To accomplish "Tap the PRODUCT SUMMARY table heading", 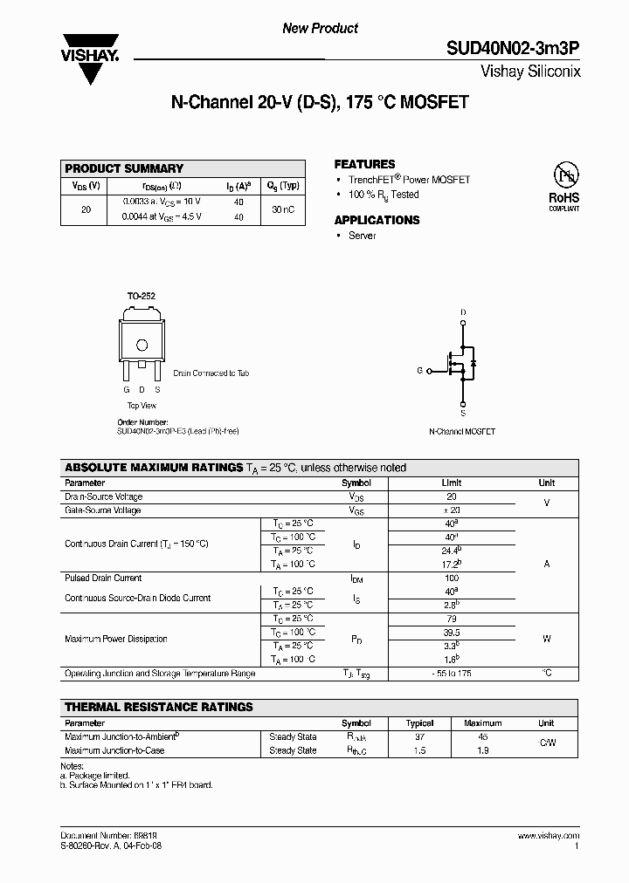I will pyautogui.click(x=124, y=168).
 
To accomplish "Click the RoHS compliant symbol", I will pyautogui.click(x=563, y=185).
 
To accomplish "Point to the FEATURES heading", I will pyautogui.click(x=364, y=164).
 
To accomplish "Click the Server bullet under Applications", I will pyautogui.click(x=362, y=236).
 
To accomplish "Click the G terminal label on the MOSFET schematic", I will pyautogui.click(x=419, y=371).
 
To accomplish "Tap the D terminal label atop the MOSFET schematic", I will pyautogui.click(x=463, y=311).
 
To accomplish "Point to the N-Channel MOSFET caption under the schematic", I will pyautogui.click(x=462, y=431).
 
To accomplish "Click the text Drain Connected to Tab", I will pyautogui.click(x=211, y=373).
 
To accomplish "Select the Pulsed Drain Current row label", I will pyautogui.click(x=103, y=578).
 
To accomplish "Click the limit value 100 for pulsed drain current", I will pyautogui.click(x=452, y=578).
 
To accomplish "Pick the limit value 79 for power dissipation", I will pyautogui.click(x=452, y=619).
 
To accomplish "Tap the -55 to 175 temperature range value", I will pyautogui.click(x=452, y=674).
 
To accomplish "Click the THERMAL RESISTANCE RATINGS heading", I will pyautogui.click(x=159, y=707).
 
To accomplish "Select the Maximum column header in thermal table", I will pyautogui.click(x=482, y=723).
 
